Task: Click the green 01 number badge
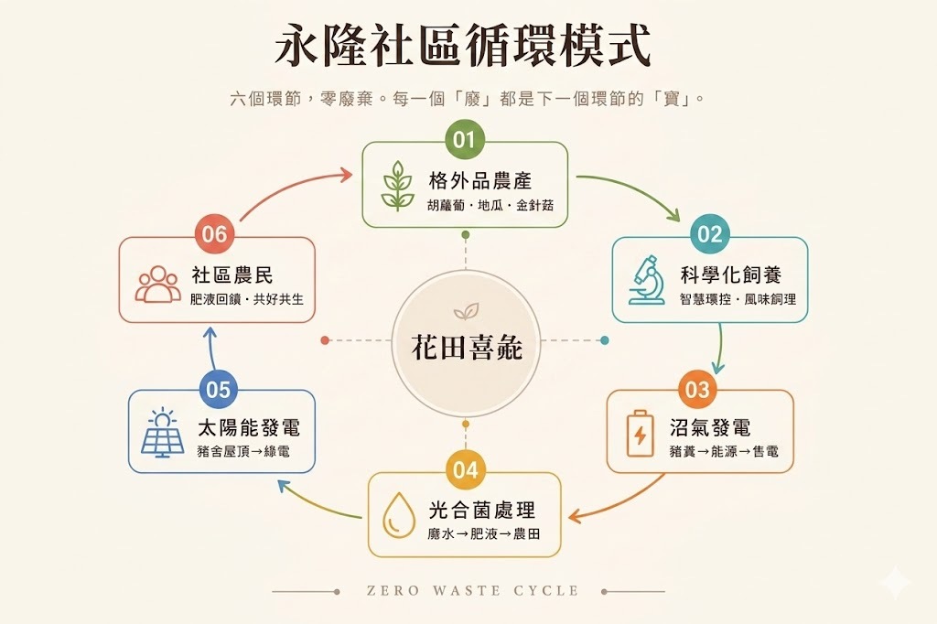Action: pos(465,139)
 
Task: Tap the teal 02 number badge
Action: pos(709,233)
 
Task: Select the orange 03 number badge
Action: pos(696,389)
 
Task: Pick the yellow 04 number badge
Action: pos(465,469)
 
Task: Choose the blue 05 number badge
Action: pos(218,389)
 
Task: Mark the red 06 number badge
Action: pos(214,233)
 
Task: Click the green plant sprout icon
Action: pos(397,186)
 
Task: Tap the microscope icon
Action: pos(647,280)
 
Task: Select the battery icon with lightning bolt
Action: pos(640,434)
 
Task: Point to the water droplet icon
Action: pos(399,515)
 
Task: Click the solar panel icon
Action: pos(163,434)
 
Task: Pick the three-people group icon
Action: pos(157,285)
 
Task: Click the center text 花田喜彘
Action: pos(467,348)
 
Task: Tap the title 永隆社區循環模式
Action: pos(462,46)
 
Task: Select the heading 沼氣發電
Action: pos(710,428)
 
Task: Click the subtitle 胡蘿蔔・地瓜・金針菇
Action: pos(490,206)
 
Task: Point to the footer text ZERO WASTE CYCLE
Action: pos(473,591)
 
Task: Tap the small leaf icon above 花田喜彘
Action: pos(466,311)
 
